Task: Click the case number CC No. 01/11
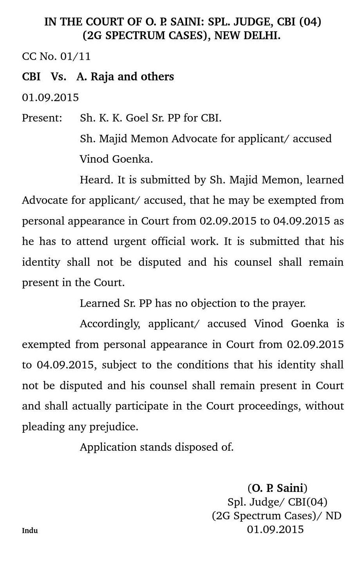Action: (56, 56)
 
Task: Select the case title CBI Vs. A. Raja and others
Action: (98, 76)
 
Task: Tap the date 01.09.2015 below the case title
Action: (50, 97)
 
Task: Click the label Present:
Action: (42, 118)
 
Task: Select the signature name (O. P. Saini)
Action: (277, 488)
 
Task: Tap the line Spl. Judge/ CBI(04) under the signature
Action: (277, 502)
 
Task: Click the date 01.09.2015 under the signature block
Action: (275, 530)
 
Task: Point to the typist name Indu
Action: (30, 531)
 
